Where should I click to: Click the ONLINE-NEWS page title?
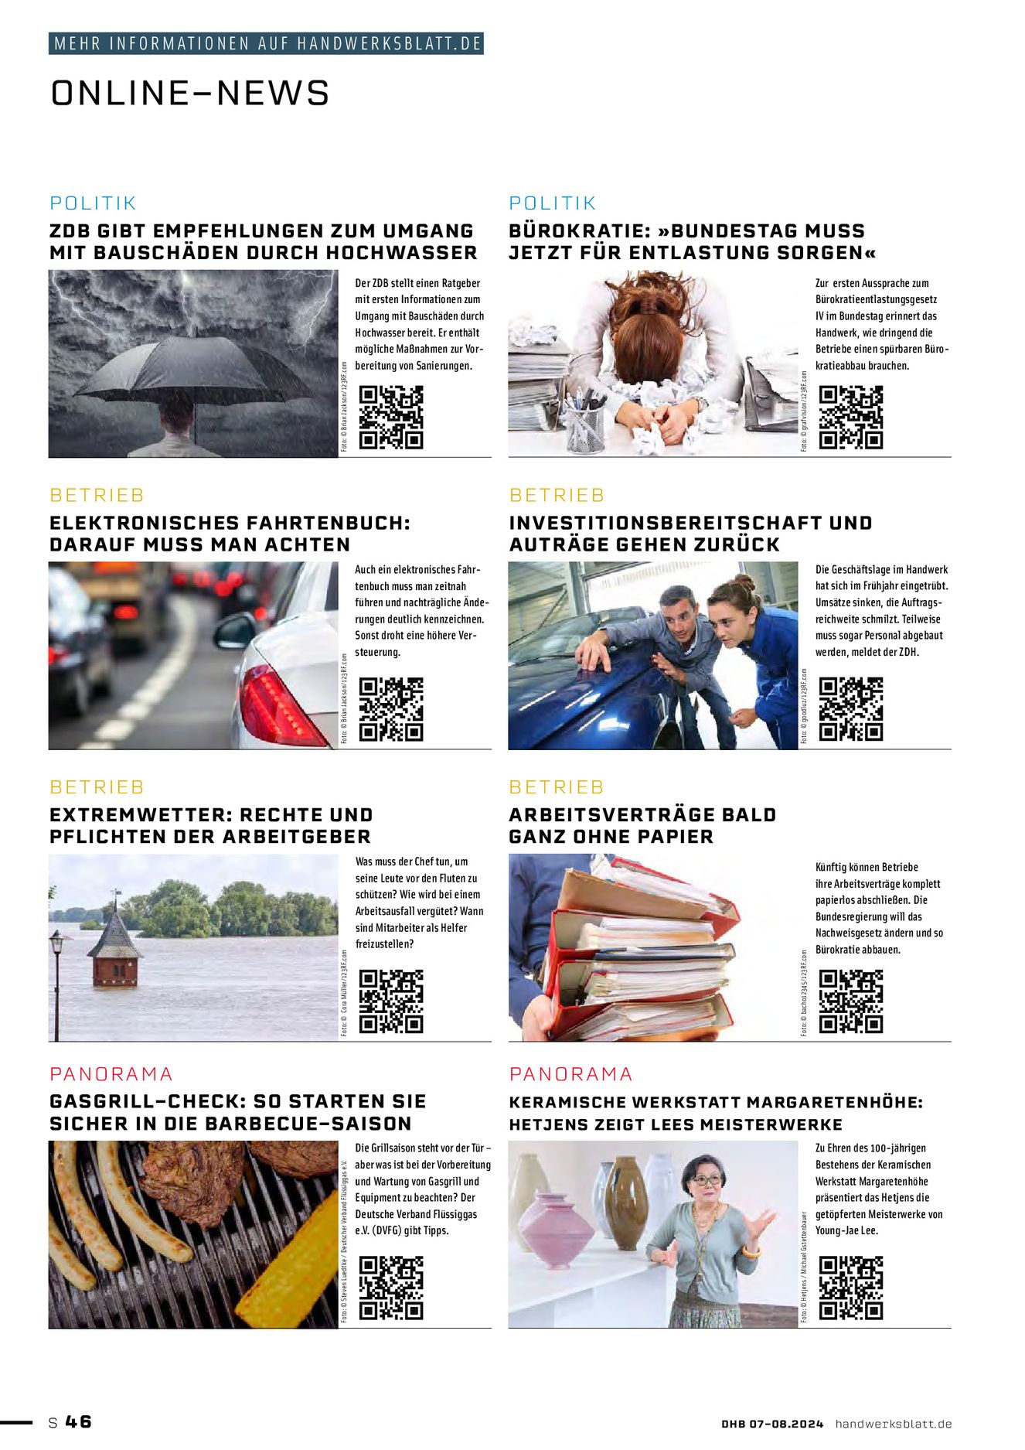click(x=190, y=93)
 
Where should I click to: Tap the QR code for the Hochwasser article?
click(x=391, y=417)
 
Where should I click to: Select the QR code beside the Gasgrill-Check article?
click(x=391, y=1288)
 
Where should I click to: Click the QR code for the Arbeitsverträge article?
click(x=850, y=1001)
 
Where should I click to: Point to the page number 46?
click(x=78, y=1421)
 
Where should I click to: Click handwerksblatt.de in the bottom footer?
click(x=893, y=1424)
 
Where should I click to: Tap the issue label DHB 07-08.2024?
click(x=772, y=1424)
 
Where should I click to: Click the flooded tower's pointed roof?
click(x=114, y=933)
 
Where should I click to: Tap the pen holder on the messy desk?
click(x=584, y=430)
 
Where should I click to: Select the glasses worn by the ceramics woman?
click(x=707, y=1180)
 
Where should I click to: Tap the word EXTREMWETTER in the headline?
click(x=138, y=815)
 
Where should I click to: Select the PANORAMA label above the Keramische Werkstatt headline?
click(x=570, y=1073)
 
